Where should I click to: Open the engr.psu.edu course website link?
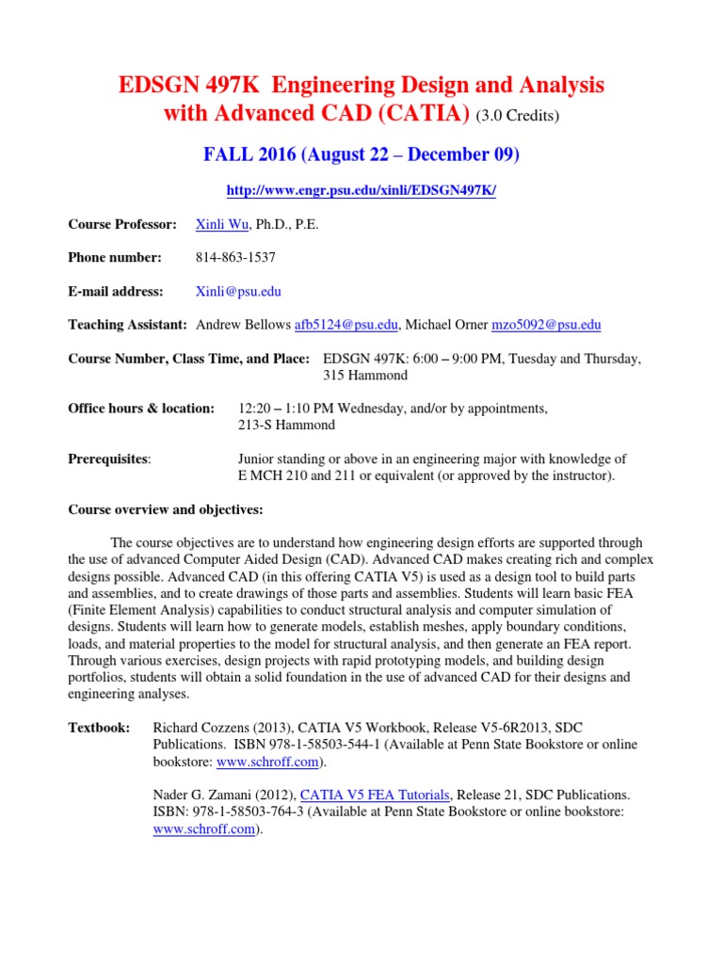coord(361,190)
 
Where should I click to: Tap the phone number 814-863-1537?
coord(235,257)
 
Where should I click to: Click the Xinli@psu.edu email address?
coord(237,291)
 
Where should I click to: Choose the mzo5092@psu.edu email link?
coord(546,325)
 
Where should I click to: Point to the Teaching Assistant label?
coord(127,325)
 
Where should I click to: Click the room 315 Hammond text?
coord(365,375)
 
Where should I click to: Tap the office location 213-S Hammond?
coord(287,425)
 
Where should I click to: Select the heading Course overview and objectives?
coord(166,509)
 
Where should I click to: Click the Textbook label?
coord(99,728)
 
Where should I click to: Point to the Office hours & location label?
coord(141,408)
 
